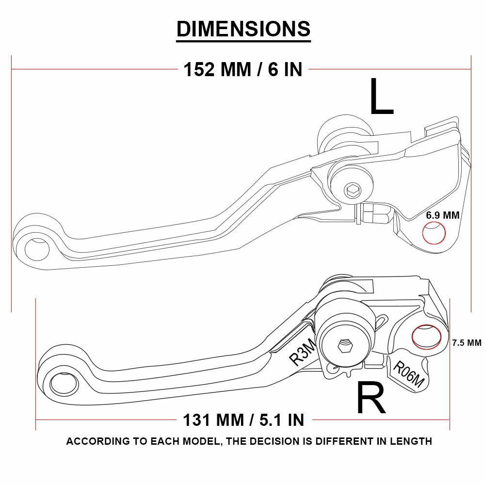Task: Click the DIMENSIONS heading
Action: pyautogui.click(x=243, y=29)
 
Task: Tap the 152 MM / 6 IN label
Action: pyautogui.click(x=243, y=70)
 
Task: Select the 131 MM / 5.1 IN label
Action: pyautogui.click(x=243, y=420)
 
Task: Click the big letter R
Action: pyautogui.click(x=371, y=398)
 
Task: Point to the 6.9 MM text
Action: pyautogui.click(x=442, y=215)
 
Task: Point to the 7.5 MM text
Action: pyautogui.click(x=466, y=342)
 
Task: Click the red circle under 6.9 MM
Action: pyautogui.click(x=434, y=233)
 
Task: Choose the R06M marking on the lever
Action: pyautogui.click(x=408, y=375)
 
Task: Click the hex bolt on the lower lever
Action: pyautogui.click(x=344, y=346)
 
